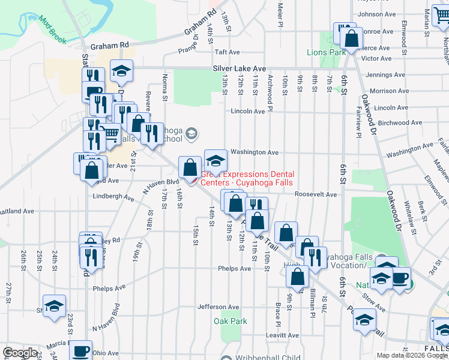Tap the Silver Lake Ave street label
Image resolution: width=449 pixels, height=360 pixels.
click(238, 69)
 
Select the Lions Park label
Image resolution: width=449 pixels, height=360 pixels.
click(326, 53)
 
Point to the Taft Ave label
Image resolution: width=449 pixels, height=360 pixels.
click(228, 53)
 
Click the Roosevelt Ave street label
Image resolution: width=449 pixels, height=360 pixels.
click(316, 194)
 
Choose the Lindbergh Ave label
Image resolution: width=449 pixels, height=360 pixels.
click(113, 196)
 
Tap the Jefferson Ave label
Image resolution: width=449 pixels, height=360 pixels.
click(219, 307)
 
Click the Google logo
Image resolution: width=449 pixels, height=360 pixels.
click(20, 352)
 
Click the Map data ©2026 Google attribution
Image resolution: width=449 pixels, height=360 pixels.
click(411, 355)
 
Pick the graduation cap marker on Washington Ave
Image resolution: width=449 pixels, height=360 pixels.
click(216, 161)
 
